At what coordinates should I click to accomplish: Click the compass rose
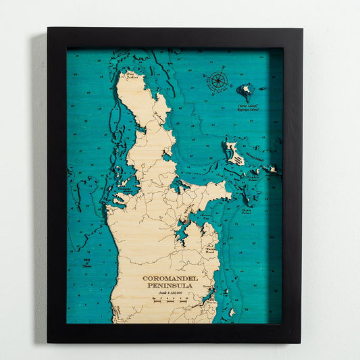point(218,81)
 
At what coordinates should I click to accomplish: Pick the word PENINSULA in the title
point(166,286)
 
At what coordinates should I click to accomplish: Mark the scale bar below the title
point(166,299)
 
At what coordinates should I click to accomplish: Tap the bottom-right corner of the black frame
point(301,342)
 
